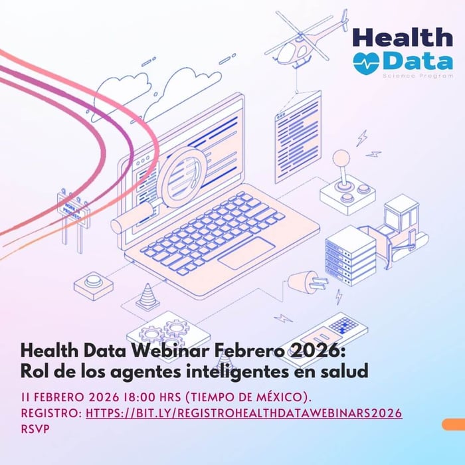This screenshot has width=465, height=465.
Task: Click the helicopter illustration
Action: coord(308,38)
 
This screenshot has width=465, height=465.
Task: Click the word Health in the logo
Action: coord(403,37)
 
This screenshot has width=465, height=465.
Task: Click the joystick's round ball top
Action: coord(341,158)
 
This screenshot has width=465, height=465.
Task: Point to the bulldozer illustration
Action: coord(399,229)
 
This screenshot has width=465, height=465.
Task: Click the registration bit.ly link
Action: coord(244,413)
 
